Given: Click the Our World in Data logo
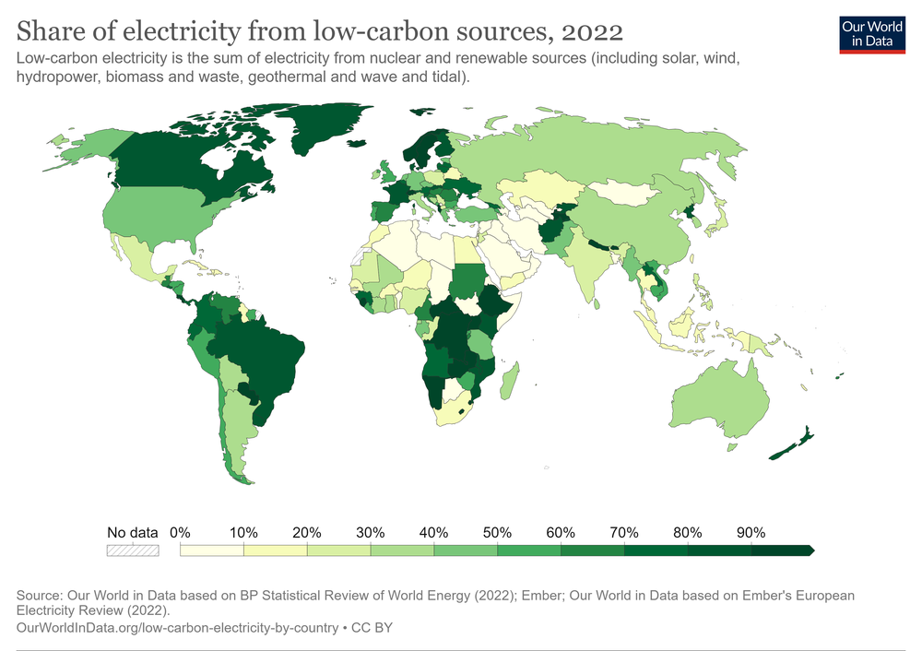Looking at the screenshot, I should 872,33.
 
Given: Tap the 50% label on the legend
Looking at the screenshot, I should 498,532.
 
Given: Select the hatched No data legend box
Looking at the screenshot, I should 133,550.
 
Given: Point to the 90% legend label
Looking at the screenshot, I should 751,532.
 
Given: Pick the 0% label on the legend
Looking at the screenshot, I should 181,532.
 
